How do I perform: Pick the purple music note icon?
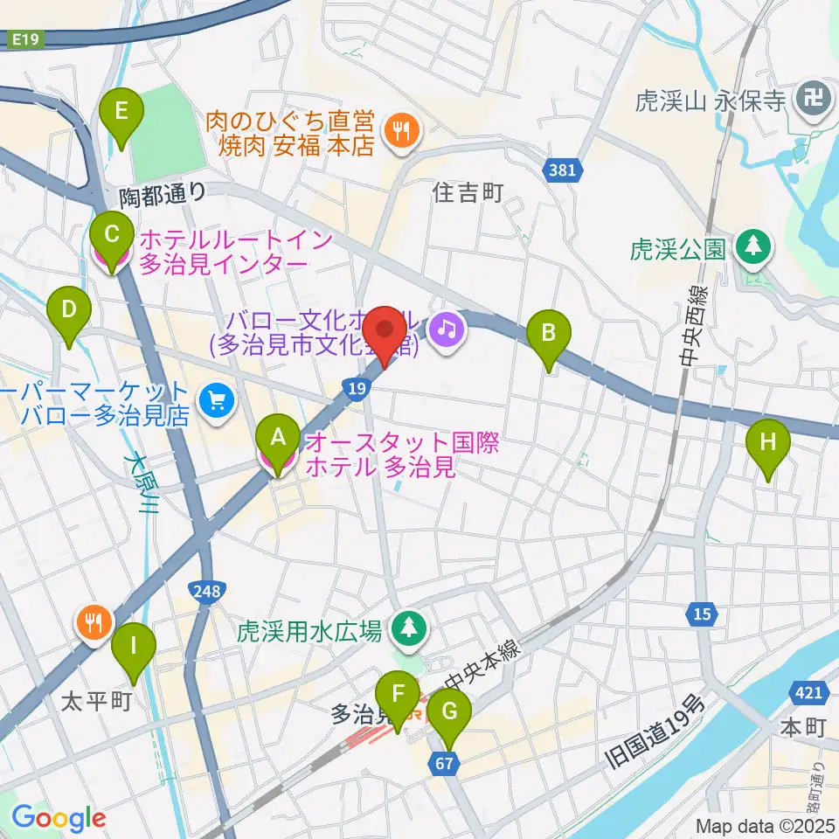pyautogui.click(x=447, y=329)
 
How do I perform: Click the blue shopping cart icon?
pyautogui.click(x=213, y=402)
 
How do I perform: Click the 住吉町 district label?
pyautogui.click(x=468, y=194)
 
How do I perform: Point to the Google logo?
pyautogui.click(x=59, y=818)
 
